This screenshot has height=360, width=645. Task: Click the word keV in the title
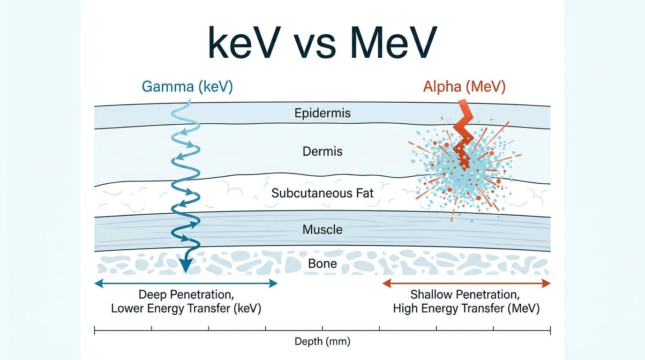244,42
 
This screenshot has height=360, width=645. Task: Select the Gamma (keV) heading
187,86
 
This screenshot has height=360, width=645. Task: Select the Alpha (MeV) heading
464,86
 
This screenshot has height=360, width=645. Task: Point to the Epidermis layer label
322,113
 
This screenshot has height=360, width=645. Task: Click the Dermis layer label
322,151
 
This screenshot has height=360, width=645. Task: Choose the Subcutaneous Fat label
322,193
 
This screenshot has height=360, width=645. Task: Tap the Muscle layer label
322,230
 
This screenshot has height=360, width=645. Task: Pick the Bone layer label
322,263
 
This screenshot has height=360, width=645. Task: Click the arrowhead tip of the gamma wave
186,272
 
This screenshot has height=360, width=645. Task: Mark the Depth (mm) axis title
322,342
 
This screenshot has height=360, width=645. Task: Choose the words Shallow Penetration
464,295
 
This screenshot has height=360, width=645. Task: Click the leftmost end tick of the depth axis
94,330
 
